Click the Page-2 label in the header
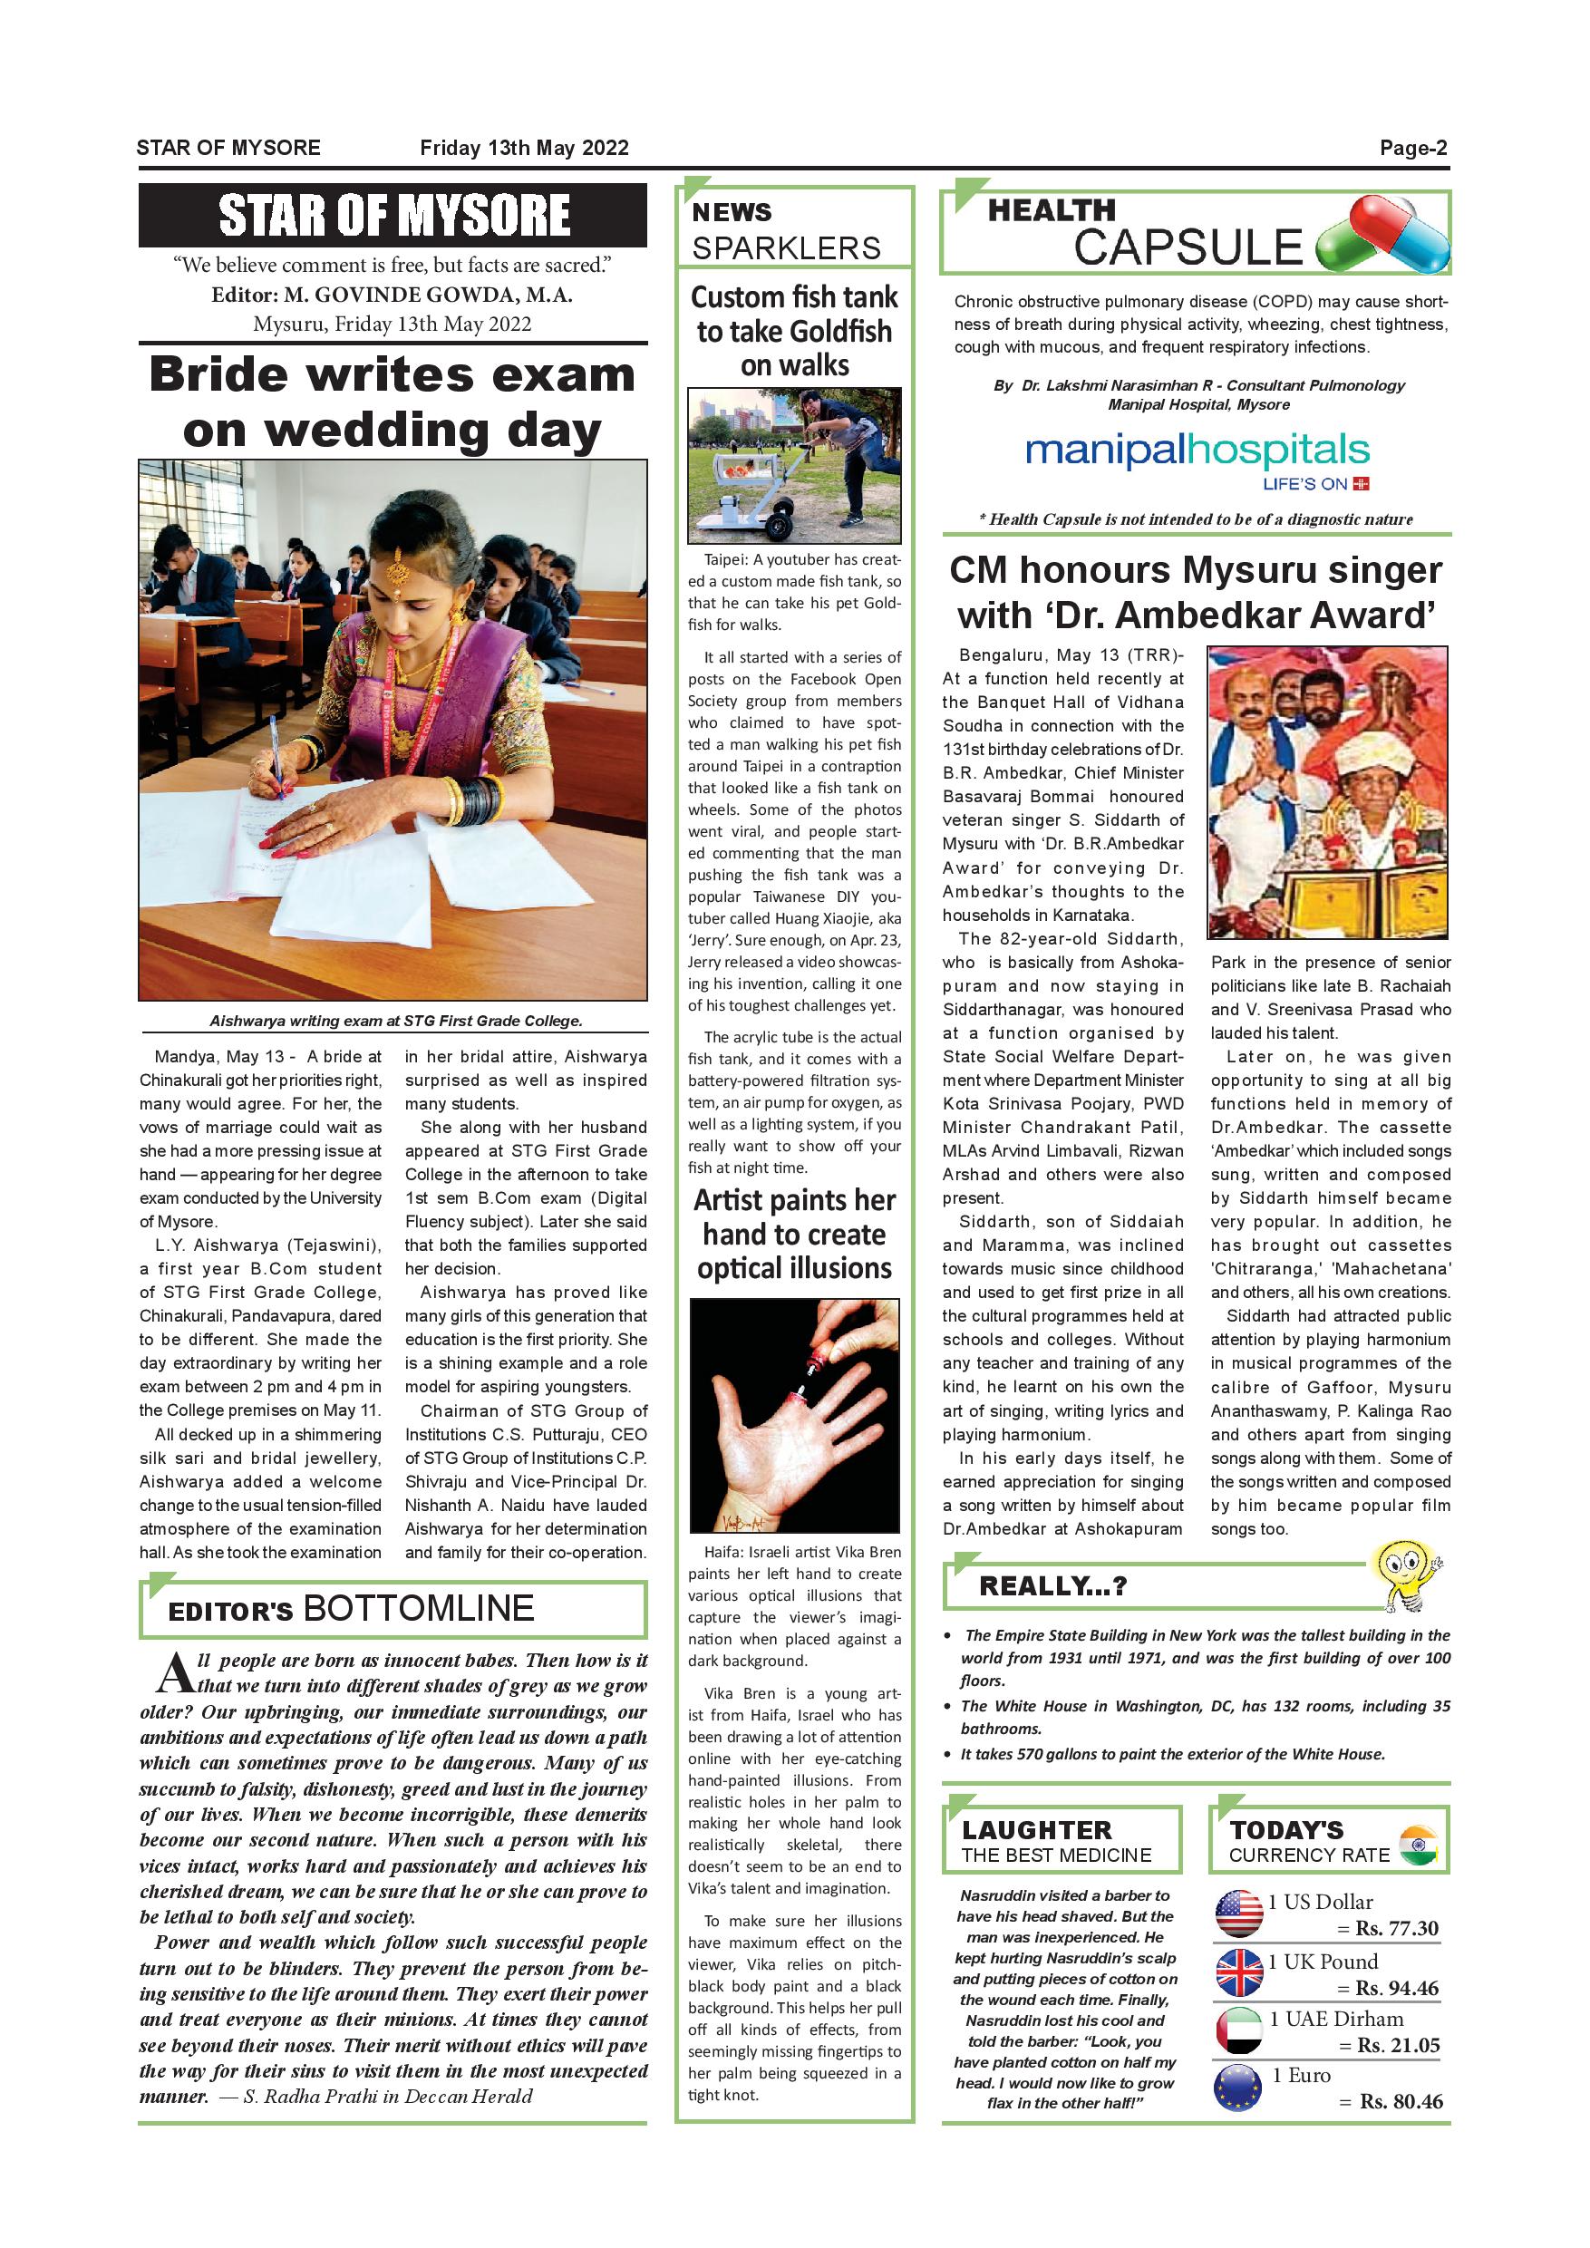coord(1413,148)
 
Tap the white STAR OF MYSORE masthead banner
coord(393,216)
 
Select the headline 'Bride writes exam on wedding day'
coord(393,402)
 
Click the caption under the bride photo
coord(395,1021)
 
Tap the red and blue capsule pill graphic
coord(1383,235)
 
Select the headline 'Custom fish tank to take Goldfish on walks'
coord(794,331)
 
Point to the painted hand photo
coord(794,1415)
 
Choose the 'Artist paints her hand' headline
coord(794,1234)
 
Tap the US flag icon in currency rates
coord(1238,1914)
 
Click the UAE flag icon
coord(1238,2030)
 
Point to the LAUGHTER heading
coord(1036,1829)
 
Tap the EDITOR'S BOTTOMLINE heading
coord(351,1609)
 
